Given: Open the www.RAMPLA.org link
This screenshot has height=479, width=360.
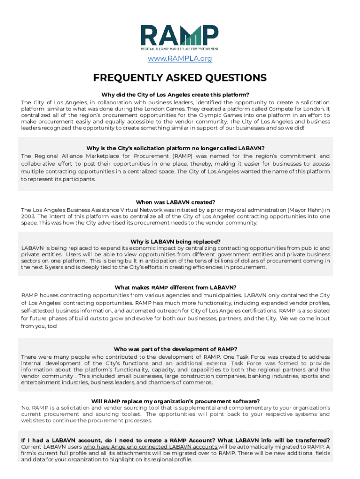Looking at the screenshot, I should [x=180, y=58].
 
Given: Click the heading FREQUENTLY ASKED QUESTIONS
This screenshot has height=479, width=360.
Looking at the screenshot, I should [x=180, y=78].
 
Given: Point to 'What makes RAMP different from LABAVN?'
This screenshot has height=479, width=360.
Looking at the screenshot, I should [x=175, y=287].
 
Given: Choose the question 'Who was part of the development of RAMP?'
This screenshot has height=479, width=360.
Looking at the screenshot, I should [x=175, y=349].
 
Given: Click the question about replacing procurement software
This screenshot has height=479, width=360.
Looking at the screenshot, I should [x=175, y=401].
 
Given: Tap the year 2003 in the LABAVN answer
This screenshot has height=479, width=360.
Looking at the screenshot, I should [x=28, y=217].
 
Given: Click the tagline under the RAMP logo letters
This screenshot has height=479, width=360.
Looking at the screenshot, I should [x=180, y=48].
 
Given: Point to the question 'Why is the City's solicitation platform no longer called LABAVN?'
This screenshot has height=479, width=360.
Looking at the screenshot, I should [x=175, y=148].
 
